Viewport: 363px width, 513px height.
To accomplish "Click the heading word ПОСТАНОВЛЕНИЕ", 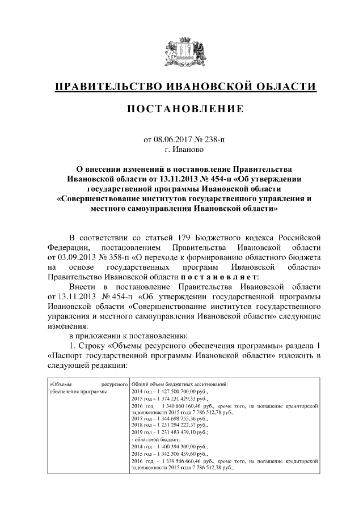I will (181, 108).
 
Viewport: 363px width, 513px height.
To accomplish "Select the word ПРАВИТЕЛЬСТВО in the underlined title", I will (107, 87).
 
